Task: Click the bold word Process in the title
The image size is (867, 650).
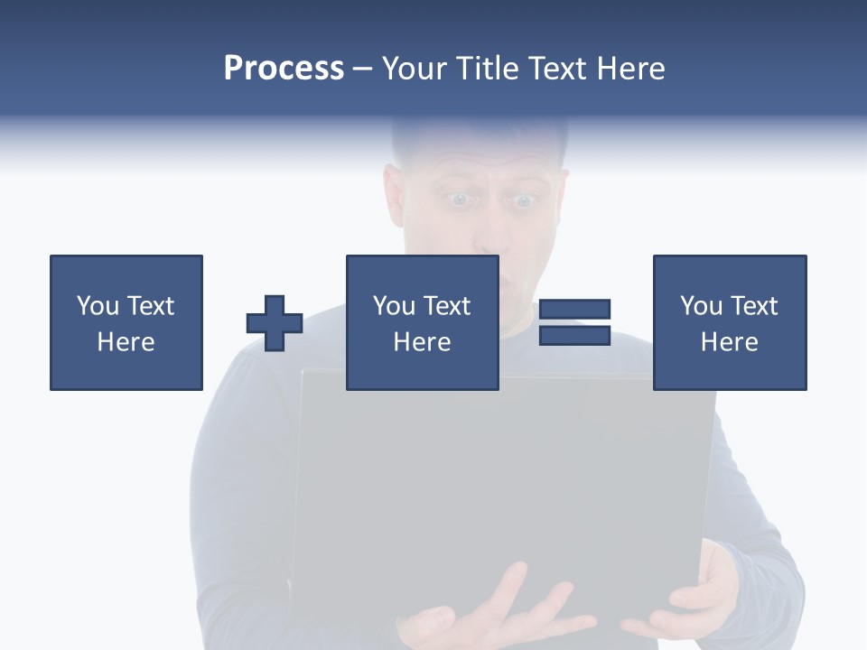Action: [x=284, y=69]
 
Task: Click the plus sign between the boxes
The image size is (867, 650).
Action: [x=275, y=323]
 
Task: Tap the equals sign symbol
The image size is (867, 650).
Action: [x=574, y=322]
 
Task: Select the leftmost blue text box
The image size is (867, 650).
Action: [x=126, y=322]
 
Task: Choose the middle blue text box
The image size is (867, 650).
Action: [x=422, y=322]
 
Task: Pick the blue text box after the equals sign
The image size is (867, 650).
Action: [x=730, y=322]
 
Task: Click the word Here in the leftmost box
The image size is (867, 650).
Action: [x=126, y=342]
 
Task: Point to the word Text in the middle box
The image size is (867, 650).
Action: [x=446, y=306]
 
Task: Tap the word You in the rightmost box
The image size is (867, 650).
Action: [x=702, y=306]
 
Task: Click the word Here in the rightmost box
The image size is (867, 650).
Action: [x=730, y=342]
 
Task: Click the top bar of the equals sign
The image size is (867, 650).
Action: [x=574, y=310]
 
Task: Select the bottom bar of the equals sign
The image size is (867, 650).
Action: [x=574, y=335]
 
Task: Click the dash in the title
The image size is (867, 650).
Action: [x=363, y=70]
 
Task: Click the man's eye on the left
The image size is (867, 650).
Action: [x=460, y=200]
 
